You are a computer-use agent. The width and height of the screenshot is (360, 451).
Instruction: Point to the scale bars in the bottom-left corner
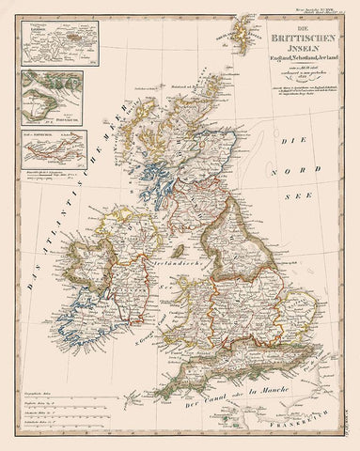tap(51, 409)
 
